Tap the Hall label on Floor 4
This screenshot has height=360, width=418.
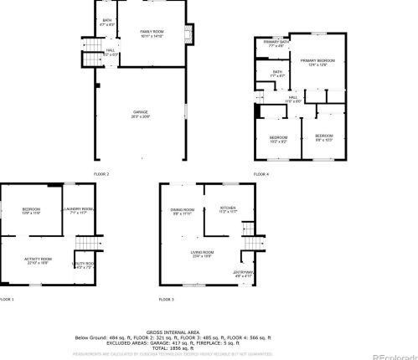tap(293, 99)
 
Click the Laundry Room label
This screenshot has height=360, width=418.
tap(81, 211)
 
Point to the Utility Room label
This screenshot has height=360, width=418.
tap(85, 265)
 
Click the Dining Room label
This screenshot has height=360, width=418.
tap(183, 211)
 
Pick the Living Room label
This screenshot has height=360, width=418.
tap(203, 255)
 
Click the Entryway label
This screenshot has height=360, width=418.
tap(243, 273)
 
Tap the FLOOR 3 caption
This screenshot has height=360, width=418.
tap(167, 299)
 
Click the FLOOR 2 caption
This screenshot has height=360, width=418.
tap(101, 173)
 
